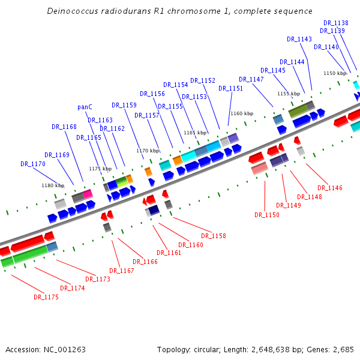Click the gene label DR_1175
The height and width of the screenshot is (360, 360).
[46, 297]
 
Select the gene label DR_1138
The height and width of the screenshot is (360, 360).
[335, 23]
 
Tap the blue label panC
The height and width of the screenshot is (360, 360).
[85, 107]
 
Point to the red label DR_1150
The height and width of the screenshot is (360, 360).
[267, 215]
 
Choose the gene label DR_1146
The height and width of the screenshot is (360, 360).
[330, 188]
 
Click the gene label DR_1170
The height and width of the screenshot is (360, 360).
[33, 164]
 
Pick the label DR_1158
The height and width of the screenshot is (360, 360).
[214, 236]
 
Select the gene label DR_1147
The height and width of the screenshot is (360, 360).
[251, 79]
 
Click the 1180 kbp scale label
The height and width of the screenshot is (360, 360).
[53, 185]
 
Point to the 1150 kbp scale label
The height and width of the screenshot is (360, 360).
[335, 73]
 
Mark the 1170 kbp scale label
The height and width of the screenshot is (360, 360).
[148, 151]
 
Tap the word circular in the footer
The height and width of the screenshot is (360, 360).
[211, 349]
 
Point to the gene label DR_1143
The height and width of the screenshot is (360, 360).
[299, 39]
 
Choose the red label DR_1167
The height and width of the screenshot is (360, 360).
[122, 271]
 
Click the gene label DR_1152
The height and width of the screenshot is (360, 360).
[203, 80]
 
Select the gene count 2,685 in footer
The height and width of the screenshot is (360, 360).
[342, 349]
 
